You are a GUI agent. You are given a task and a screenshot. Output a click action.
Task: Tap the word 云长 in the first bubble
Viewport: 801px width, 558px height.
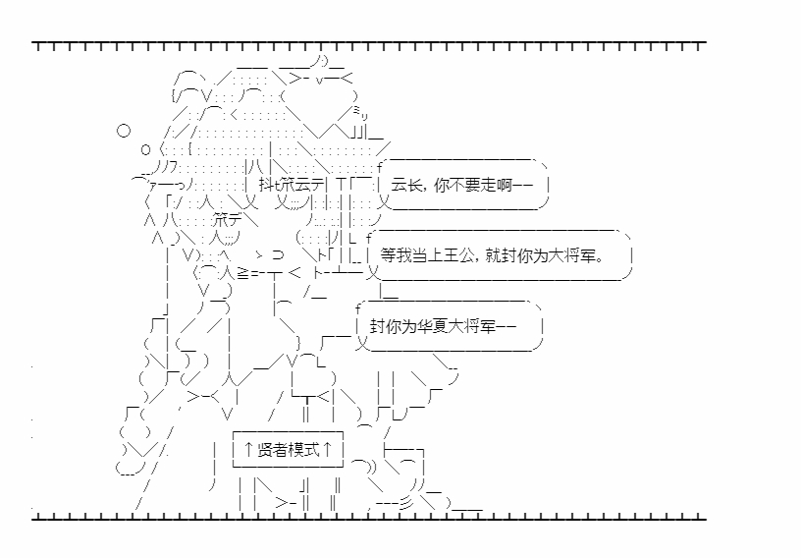(406, 184)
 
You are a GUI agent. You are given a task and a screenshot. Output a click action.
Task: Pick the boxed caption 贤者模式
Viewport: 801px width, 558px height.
(289, 450)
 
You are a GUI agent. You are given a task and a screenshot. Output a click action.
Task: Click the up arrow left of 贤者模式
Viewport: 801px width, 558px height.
(247, 450)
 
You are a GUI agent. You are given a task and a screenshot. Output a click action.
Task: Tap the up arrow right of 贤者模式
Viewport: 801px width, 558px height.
(330, 450)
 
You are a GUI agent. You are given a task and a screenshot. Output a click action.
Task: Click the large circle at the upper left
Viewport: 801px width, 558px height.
(124, 130)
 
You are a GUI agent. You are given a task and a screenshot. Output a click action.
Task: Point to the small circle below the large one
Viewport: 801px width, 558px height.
(145, 149)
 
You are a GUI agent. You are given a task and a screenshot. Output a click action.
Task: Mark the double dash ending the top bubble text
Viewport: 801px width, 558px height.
(522, 184)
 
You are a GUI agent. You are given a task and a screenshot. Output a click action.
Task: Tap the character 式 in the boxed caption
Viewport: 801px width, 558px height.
(312, 450)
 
